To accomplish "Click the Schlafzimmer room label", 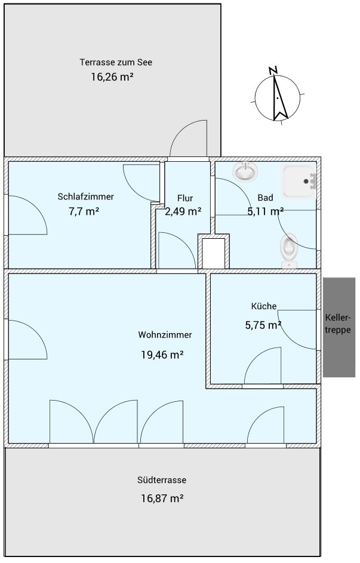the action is (86, 197).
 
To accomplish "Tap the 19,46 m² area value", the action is (162, 355).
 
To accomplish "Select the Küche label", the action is (264, 306).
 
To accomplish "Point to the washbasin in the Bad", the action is (245, 171).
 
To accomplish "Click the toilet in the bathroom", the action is (289, 250).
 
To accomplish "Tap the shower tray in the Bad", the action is (299, 181).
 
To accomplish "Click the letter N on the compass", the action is (273, 70).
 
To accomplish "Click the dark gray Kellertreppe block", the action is (339, 327).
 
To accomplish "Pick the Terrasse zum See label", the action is (116, 62).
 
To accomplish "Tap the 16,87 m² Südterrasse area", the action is (162, 499).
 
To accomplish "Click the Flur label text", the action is (185, 198).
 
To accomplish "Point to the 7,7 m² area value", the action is (84, 211).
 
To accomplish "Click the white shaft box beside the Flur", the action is (214, 254).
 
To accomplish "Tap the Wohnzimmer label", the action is (165, 335).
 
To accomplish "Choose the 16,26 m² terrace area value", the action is (112, 77).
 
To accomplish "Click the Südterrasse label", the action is (162, 480).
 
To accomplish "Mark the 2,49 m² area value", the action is (183, 211).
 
